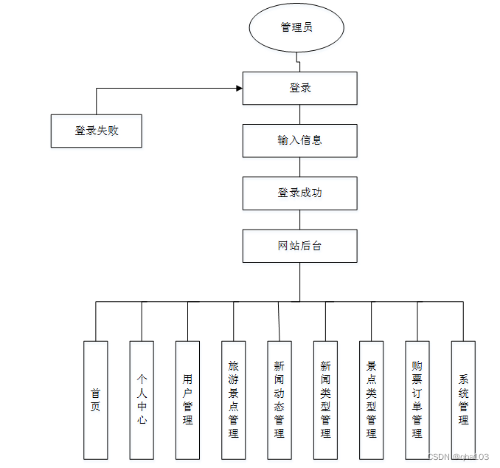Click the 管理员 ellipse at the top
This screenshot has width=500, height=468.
pos(296,27)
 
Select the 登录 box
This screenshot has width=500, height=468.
pos(300,88)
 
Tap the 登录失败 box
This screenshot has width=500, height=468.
pos(97,131)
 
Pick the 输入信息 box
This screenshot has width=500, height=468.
pos(300,140)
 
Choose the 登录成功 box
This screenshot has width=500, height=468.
pos(300,193)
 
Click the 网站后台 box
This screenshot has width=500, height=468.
pos(300,246)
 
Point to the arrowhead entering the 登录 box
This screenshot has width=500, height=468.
pos(239,89)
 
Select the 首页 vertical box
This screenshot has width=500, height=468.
pos(96,399)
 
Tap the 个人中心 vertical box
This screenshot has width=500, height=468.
pos(142,399)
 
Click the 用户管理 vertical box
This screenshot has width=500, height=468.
pos(187,399)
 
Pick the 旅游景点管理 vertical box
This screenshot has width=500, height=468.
pos(233,399)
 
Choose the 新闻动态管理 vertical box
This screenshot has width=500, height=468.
pos(279,399)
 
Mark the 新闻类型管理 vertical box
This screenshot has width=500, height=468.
pos(325,399)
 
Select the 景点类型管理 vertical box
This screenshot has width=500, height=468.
pos(371,399)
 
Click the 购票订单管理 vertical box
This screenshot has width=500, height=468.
pos(417,399)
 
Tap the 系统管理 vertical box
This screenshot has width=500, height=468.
pos(463,399)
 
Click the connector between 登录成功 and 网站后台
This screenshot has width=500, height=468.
pos(300,219)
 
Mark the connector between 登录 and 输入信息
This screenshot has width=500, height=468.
pos(300,114)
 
